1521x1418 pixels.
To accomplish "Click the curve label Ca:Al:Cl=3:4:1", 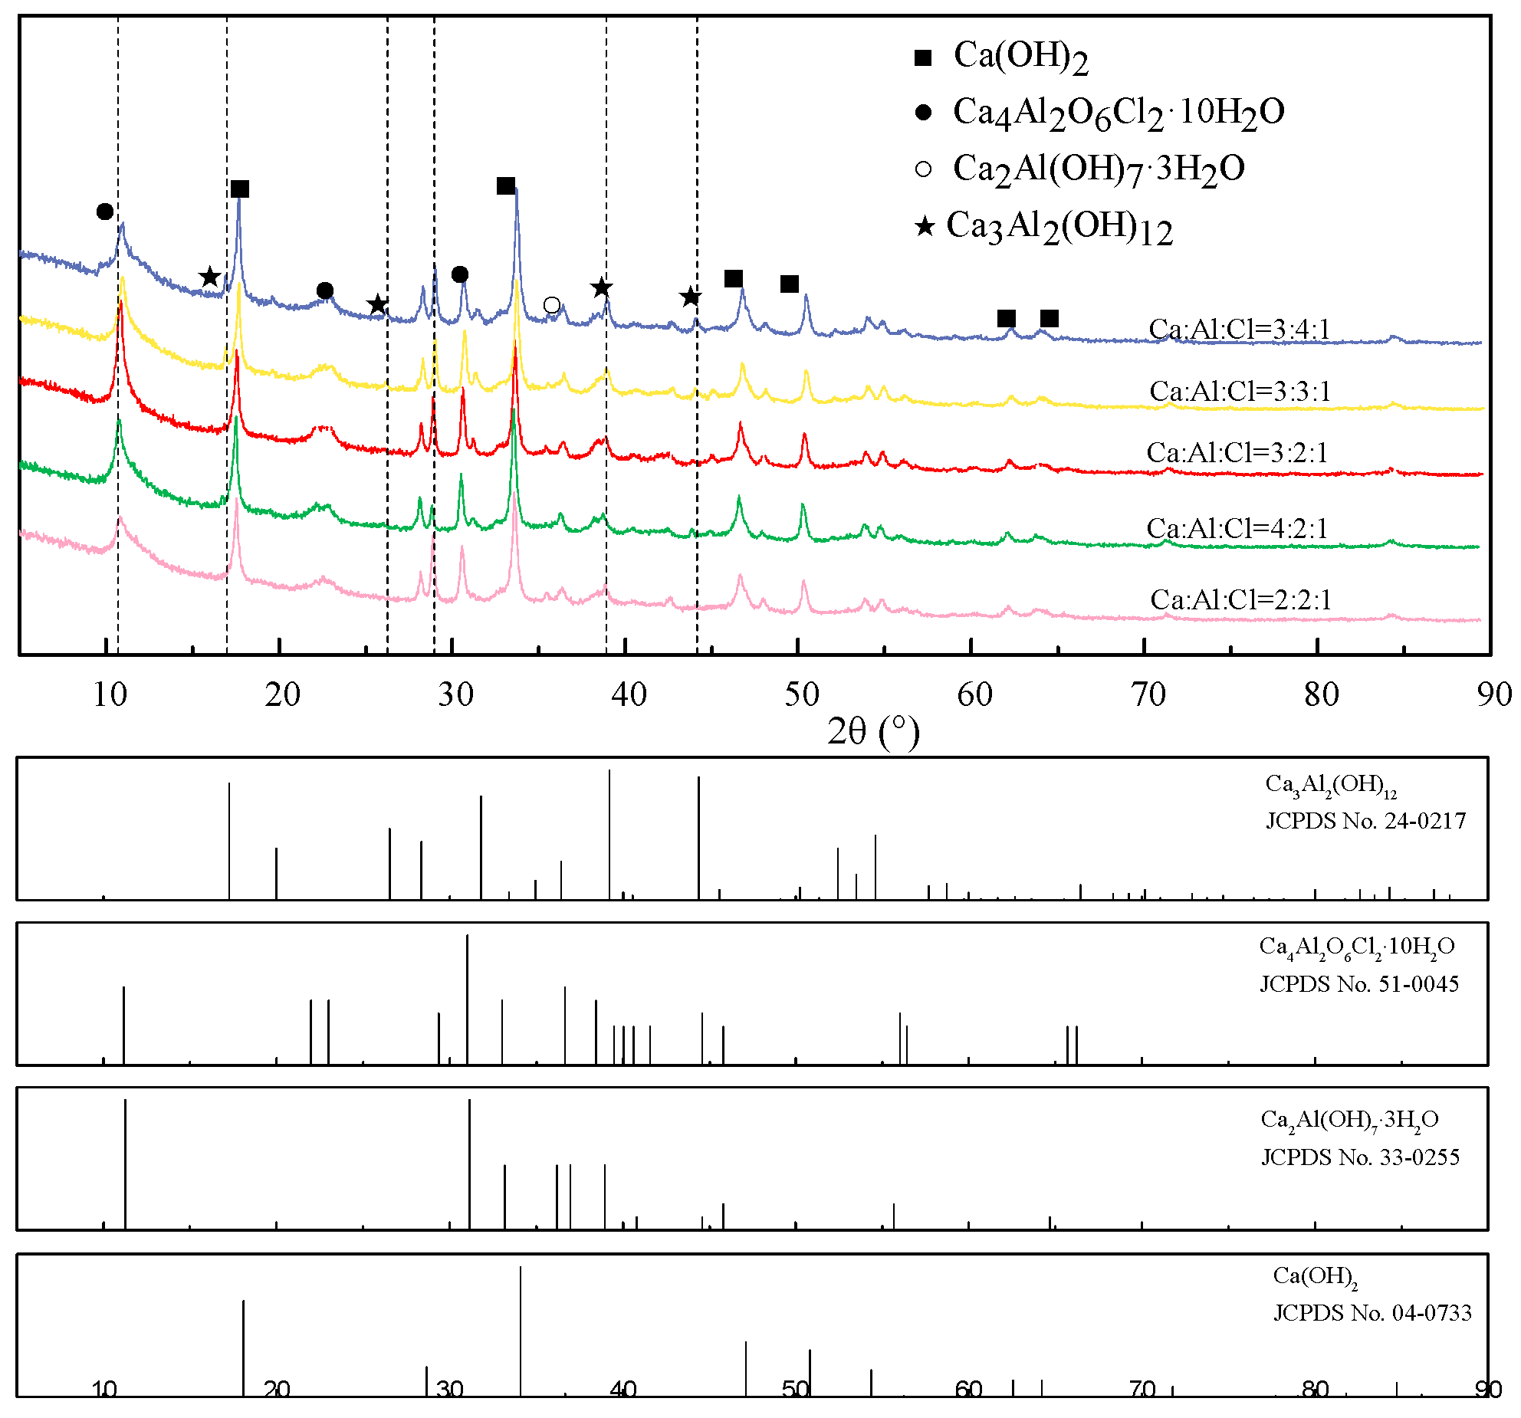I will point(1239,329).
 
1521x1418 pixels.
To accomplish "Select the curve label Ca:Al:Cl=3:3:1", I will point(1240,391).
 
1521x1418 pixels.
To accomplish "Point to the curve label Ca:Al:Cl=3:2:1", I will point(1237,452).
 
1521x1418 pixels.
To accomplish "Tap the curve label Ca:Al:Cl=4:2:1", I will point(1237,528).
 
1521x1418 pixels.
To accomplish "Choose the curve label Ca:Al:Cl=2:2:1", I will point(1240,599).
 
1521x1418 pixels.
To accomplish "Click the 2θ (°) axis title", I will point(872,731).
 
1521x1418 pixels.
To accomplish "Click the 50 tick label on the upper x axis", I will point(801,694).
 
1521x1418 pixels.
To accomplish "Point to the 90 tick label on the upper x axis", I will point(1493,694).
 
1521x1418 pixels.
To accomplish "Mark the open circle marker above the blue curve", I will point(551,305).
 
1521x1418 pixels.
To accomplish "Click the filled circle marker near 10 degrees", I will point(105,212).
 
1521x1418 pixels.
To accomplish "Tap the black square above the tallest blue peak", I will point(506,186).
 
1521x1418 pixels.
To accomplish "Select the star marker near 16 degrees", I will point(209,277).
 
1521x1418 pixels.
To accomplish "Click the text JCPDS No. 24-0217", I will point(1365,821).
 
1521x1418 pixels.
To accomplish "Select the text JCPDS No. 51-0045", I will point(1359,984).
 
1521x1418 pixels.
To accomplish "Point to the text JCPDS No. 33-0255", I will point(1360,1157).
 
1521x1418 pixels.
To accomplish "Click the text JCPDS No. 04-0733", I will point(1372,1313).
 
